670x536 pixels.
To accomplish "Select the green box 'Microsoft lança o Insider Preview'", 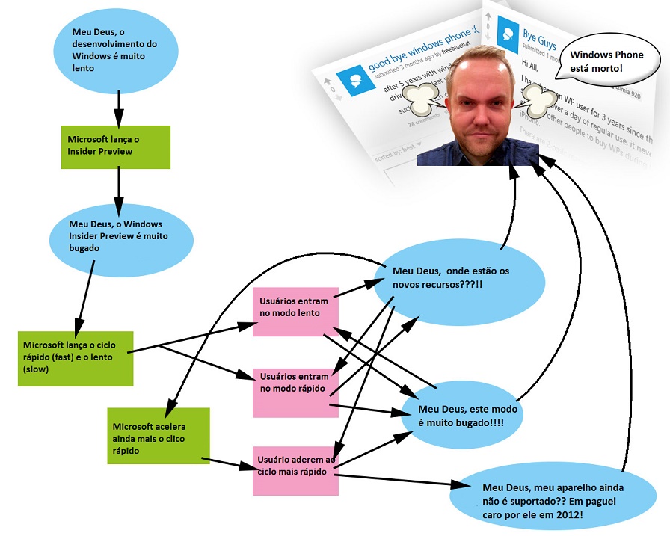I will click(x=116, y=146).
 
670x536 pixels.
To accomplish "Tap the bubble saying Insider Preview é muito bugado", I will click(x=120, y=235).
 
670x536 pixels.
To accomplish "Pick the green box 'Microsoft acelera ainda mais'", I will click(x=158, y=436).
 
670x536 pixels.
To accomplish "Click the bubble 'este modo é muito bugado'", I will click(x=459, y=416).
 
